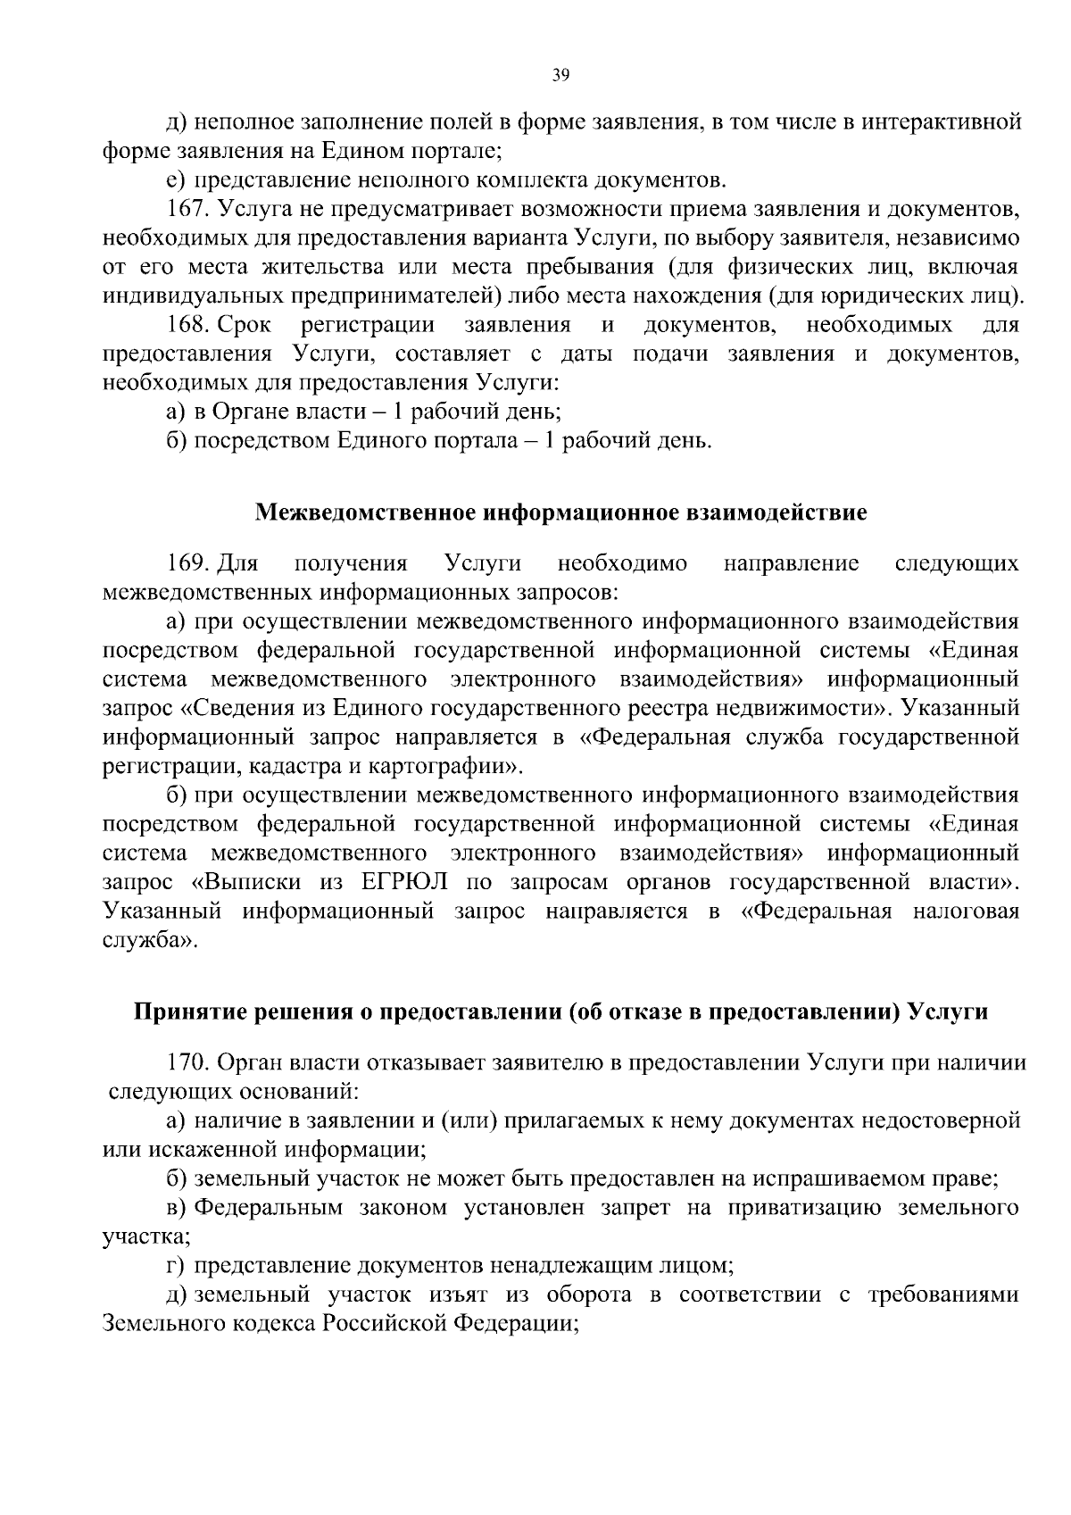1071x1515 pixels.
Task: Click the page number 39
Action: (560, 76)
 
